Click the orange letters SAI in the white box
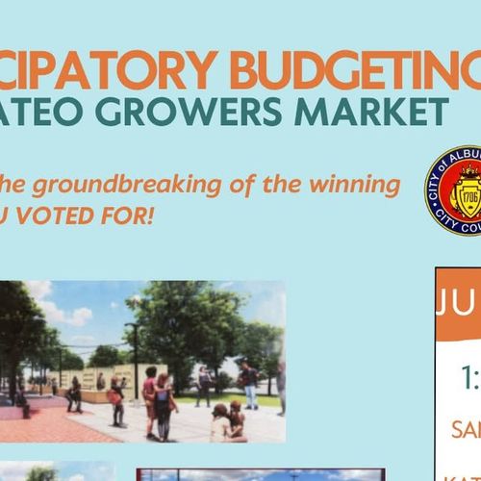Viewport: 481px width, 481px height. coord(466,429)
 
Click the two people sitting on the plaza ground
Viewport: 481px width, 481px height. coord(227,420)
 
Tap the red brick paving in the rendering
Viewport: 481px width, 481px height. coord(38,424)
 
